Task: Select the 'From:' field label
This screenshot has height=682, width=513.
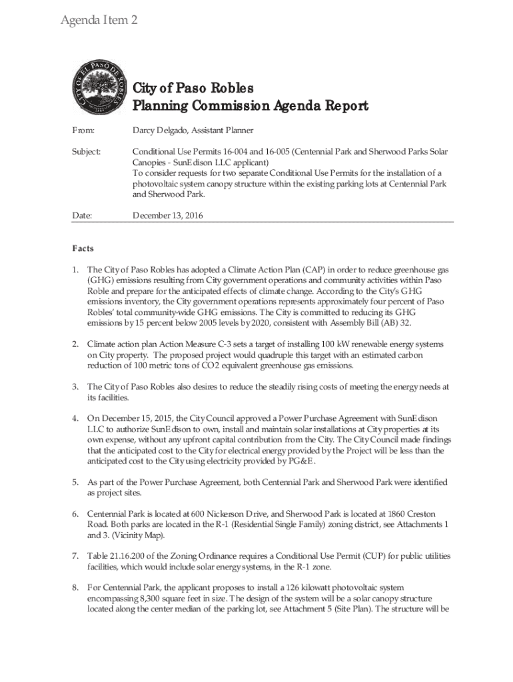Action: [83, 131]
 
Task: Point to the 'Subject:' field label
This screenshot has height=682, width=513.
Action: [87, 152]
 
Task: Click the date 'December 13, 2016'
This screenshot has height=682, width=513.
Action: [168, 215]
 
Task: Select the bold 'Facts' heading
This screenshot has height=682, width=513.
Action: [83, 248]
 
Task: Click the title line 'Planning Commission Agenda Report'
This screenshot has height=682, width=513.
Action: [251, 106]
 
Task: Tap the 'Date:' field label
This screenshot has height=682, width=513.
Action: [83, 215]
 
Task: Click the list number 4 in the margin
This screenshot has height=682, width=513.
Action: [75, 418]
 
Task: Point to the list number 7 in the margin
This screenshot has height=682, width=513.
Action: [75, 555]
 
